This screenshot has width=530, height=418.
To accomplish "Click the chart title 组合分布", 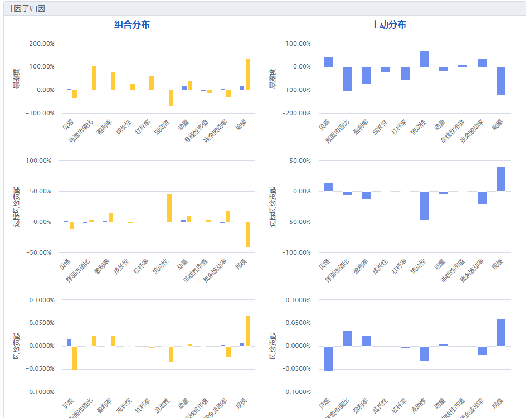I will click(132, 25).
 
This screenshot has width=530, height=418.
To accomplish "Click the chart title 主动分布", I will click(388, 25).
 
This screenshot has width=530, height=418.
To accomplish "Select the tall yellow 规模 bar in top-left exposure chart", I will click(247, 74).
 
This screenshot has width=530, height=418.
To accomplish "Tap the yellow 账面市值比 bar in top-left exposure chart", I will click(94, 78).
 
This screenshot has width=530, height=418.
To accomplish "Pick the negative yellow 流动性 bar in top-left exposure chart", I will click(171, 98).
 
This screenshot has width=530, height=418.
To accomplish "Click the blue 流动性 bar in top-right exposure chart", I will click(424, 59).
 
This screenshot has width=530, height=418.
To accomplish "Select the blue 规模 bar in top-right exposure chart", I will click(501, 81).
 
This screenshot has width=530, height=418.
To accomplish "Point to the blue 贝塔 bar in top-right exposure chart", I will click(328, 62).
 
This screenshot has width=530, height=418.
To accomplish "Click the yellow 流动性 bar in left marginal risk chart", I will click(169, 208).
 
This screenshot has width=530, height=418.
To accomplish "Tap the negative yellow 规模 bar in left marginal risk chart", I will click(248, 235).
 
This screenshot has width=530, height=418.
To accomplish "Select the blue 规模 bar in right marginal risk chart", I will click(501, 179).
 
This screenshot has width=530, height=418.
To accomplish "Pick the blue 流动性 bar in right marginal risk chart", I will click(424, 206).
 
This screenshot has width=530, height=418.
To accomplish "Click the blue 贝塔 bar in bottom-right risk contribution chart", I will click(328, 358).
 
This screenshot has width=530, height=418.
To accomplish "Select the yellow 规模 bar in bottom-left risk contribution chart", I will click(248, 331).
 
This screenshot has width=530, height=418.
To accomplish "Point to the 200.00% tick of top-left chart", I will click(41, 43).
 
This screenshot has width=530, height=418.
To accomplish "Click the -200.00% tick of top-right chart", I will click(297, 113).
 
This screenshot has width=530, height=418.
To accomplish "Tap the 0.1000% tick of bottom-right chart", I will click(298, 300).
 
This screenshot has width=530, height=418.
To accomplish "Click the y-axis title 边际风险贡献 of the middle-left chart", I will click(16, 206).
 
